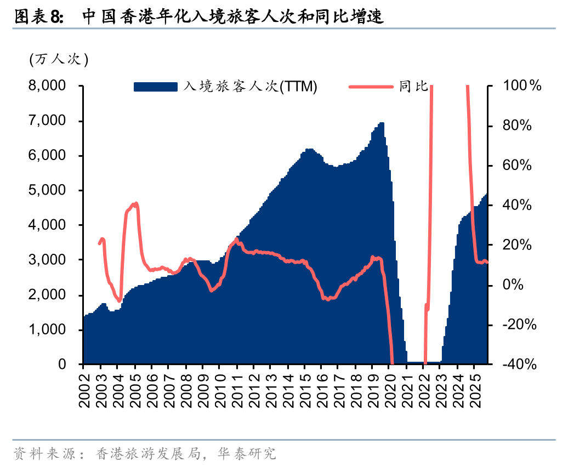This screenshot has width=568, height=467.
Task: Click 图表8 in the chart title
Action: [x=39, y=18]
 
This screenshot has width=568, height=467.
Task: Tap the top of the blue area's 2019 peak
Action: [x=381, y=123]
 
